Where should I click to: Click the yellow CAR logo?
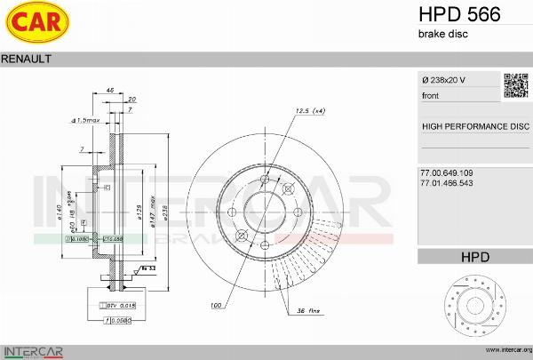(x=36, y=26)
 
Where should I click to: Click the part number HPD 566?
(x=458, y=14)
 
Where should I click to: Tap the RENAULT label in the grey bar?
(x=27, y=59)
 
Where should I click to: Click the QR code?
(x=516, y=84)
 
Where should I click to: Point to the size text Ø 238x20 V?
(x=444, y=80)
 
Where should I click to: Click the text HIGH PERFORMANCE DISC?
(x=474, y=126)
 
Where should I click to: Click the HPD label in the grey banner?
(x=474, y=257)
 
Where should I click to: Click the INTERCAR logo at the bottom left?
(x=33, y=351)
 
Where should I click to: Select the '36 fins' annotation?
(x=307, y=310)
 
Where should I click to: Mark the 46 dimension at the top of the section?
(x=109, y=91)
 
